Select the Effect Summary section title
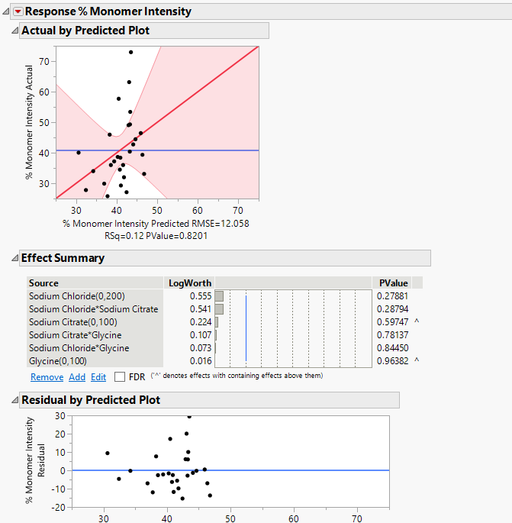(x=63, y=258)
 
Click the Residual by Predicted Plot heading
(x=90, y=400)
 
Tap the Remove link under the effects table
(x=47, y=377)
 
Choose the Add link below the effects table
(x=77, y=377)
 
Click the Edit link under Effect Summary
(x=98, y=377)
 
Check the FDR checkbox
(x=120, y=377)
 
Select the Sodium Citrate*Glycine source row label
(x=75, y=335)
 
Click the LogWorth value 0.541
(x=201, y=309)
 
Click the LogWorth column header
(x=189, y=283)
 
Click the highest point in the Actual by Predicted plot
(x=130, y=52)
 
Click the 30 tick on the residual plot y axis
(x=58, y=416)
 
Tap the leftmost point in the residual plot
(x=108, y=453)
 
